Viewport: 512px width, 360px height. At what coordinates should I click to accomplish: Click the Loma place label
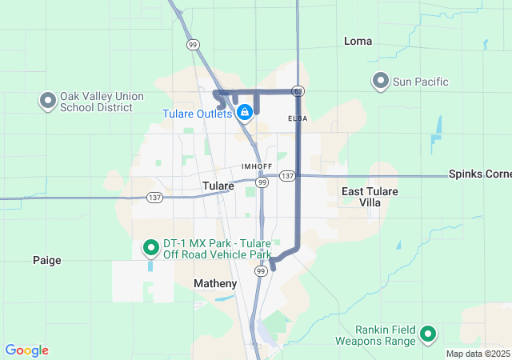(358, 41)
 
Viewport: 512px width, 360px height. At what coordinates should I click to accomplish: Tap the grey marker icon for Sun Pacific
(381, 81)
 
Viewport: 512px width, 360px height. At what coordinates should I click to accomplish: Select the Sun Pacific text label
(422, 82)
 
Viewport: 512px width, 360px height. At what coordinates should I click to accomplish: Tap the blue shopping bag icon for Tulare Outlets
(246, 113)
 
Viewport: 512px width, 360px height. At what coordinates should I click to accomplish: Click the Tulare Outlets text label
(198, 114)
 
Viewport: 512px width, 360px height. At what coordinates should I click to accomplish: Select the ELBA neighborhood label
(298, 118)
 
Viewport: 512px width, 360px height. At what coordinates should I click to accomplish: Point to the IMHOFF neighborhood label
(257, 166)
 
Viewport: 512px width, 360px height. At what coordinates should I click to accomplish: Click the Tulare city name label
(218, 186)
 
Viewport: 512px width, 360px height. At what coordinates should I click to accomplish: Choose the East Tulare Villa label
(369, 197)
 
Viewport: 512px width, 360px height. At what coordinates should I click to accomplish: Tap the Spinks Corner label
(480, 174)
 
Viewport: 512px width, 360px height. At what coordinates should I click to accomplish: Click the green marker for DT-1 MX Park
(150, 248)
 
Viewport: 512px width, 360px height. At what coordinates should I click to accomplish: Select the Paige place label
(46, 260)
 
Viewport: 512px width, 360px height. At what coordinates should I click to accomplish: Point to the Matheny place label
(215, 284)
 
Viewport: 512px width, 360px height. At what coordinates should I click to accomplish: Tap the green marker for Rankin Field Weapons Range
(428, 334)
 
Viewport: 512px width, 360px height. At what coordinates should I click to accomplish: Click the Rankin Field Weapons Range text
(386, 335)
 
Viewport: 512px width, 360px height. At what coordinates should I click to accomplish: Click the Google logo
(26, 350)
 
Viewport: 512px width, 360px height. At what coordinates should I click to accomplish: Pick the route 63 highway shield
(298, 91)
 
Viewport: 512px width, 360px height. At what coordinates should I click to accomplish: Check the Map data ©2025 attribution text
(477, 354)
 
